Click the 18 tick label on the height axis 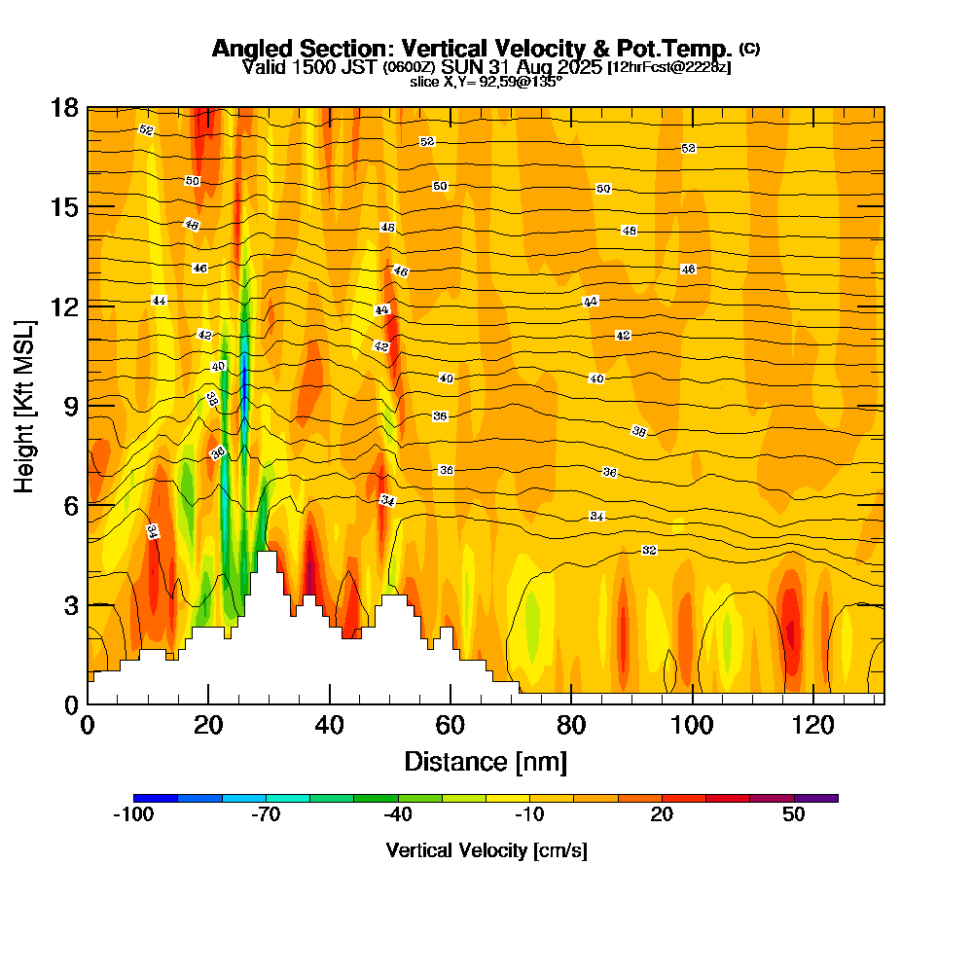click(64, 107)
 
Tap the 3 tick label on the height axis click(71, 604)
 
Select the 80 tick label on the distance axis click(571, 725)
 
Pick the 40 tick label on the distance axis click(330, 725)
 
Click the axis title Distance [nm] click(486, 761)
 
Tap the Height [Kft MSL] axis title click(25, 405)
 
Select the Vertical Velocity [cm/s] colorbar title click(486, 850)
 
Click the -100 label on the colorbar click(133, 815)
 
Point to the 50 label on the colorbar click(794, 815)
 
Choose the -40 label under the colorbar click(398, 815)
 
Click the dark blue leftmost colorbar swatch click(156, 798)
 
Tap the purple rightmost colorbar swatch click(815, 798)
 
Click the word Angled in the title click(246, 49)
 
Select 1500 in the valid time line click(303, 67)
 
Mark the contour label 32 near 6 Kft click(649, 551)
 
